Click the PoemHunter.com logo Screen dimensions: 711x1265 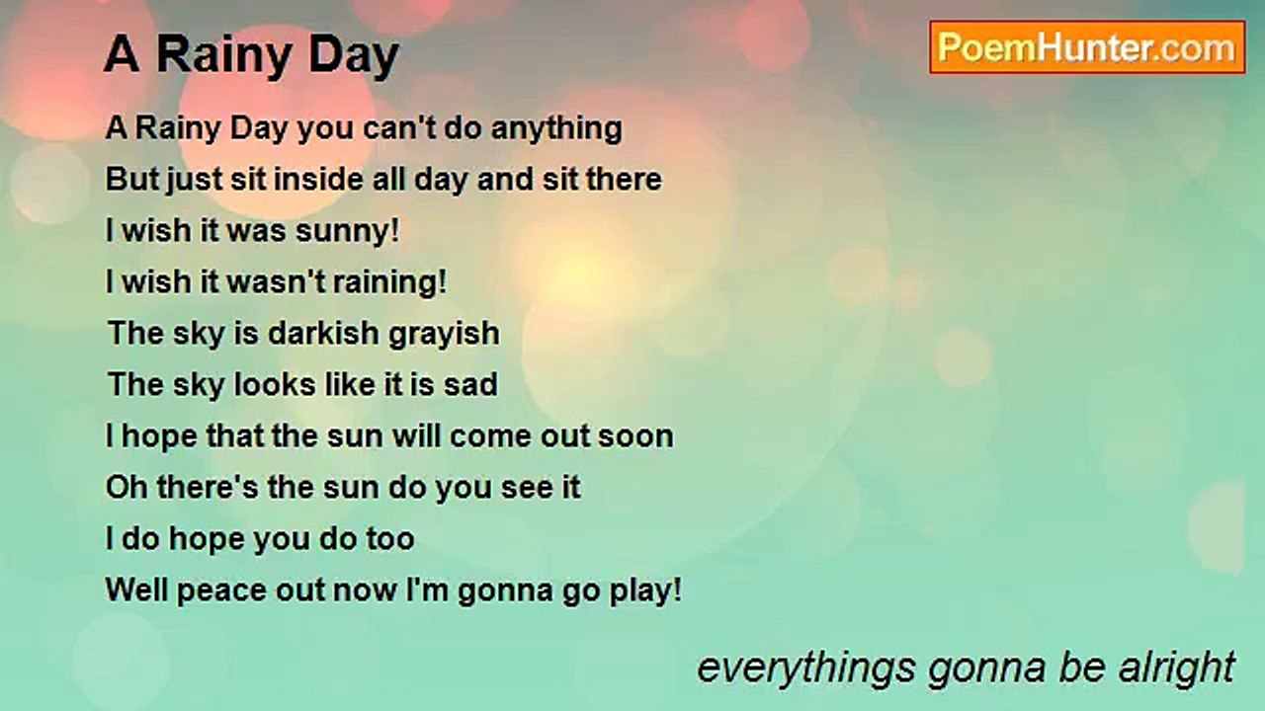1087,46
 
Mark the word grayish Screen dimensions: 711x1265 444,334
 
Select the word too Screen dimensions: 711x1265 390,539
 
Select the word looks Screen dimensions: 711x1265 266,384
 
